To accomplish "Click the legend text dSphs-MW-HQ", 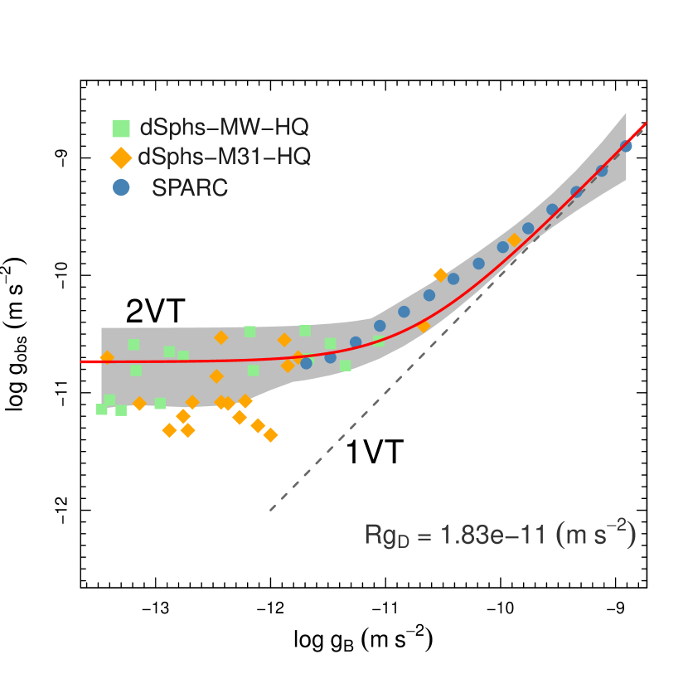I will click(224, 128).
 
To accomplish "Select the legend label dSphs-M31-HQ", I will click(225, 157).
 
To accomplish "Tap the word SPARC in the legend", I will click(190, 188).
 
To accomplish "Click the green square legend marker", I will click(121, 128).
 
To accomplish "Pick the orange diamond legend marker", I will click(121, 157).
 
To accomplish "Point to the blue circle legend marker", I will click(121, 188).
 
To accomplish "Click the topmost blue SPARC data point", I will click(626, 147).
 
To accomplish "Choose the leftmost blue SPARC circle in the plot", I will click(306, 362).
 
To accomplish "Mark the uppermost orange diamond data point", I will click(514, 240).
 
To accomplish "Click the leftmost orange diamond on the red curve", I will click(107, 357).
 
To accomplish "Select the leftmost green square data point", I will click(101, 409).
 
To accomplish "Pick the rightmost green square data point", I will click(345, 365).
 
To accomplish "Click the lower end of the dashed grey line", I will click(270, 510).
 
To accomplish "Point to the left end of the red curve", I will click(82, 361).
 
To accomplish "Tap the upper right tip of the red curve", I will click(645, 123).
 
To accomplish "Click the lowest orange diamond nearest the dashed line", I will click(270, 434).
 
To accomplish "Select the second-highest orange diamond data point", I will click(440, 275).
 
